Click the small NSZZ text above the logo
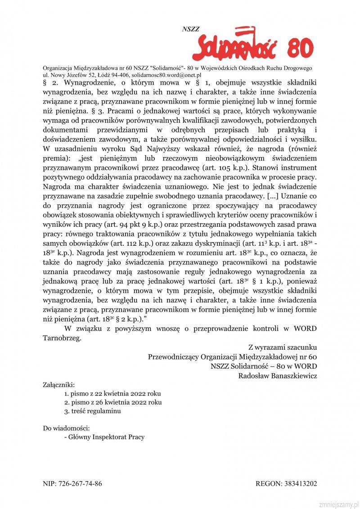click(x=190, y=29)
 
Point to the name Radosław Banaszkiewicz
click(x=278, y=376)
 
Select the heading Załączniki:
click(x=59, y=385)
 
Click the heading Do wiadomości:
click(x=67, y=428)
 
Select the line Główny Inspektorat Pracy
click(x=105, y=437)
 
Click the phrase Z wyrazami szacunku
click(x=283, y=347)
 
